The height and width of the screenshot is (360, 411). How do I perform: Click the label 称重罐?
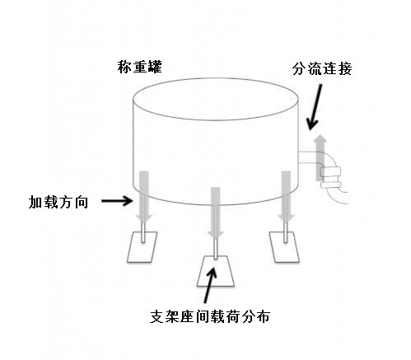coord(139,67)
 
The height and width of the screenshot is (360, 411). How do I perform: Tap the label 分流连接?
coord(321,68)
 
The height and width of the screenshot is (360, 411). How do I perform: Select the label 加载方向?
coord(58,201)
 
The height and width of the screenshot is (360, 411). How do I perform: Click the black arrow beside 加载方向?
coord(116,200)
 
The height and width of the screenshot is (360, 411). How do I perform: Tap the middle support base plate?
coord(216,270)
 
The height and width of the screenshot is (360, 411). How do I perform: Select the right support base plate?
coord(287,246)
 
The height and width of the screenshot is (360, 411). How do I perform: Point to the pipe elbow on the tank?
coord(333,177)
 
